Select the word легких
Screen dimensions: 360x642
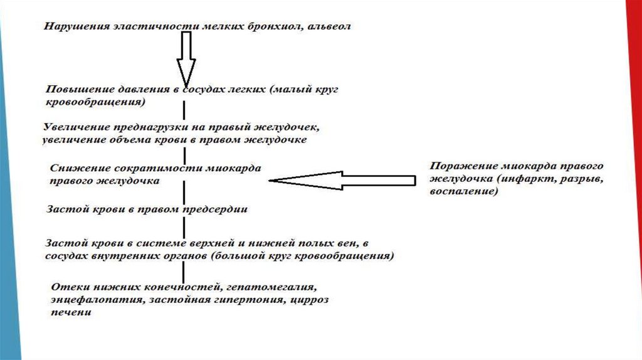point(248,90)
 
